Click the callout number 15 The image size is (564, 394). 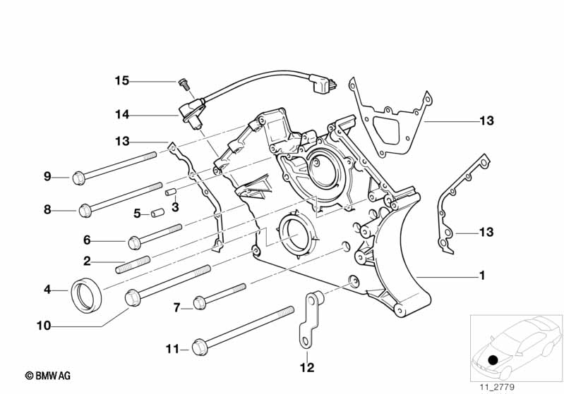click(122, 81)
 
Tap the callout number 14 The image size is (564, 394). click(122, 113)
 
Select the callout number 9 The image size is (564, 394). click(47, 176)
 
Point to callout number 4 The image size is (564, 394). click(47, 289)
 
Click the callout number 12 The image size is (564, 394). click(306, 367)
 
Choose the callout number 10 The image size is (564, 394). click(44, 326)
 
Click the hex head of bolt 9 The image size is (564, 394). click(79, 177)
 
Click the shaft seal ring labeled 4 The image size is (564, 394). click(88, 296)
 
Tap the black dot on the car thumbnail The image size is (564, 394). click(493, 360)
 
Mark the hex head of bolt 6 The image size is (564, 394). click(134, 242)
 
